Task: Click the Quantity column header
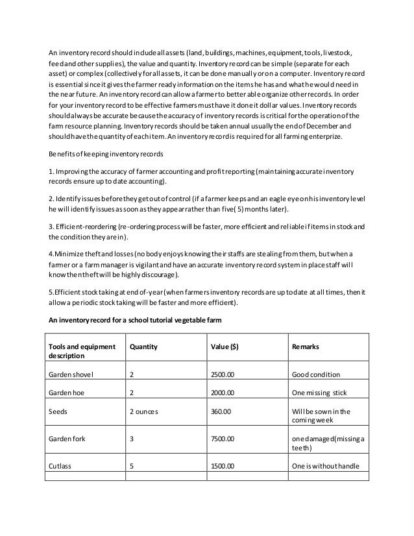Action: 144,347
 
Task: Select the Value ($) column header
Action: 225,347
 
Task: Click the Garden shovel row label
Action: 71,375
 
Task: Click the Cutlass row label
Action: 60,466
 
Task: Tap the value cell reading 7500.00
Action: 223,439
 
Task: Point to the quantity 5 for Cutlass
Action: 132,466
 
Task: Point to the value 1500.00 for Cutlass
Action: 223,466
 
